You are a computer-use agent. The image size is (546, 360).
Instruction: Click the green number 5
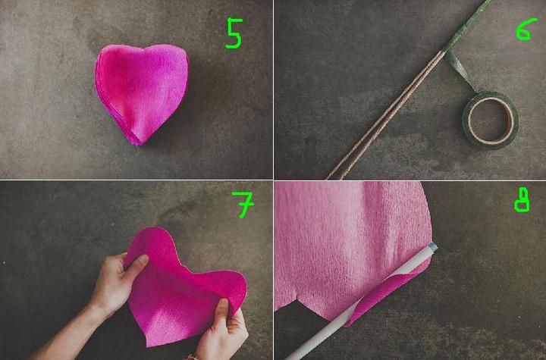[x=234, y=33]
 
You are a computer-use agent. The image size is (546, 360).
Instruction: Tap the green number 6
[x=526, y=30]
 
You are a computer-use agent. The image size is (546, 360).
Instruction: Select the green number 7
[x=243, y=205]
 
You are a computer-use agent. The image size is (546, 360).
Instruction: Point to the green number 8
[x=522, y=200]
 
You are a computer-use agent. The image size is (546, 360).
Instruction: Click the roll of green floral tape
[x=491, y=120]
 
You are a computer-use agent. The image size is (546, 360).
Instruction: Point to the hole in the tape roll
[x=491, y=121]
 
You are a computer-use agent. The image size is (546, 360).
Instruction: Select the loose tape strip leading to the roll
[x=460, y=71]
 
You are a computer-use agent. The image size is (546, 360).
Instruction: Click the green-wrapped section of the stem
[x=466, y=25]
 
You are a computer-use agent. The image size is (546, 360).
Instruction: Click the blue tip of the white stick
[x=433, y=248]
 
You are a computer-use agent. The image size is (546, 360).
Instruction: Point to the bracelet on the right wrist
[x=192, y=357]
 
